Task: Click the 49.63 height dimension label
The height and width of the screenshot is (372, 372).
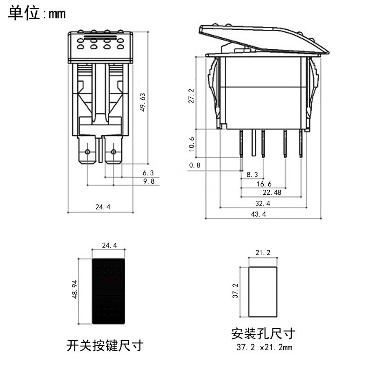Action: coord(143,102)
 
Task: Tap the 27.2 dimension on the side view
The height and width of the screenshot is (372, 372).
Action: coord(192,96)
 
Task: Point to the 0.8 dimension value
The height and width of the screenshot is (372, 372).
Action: coord(195,165)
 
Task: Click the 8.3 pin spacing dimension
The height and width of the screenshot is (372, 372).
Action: coord(252,174)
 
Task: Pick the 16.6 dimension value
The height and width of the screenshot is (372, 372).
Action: coord(263,184)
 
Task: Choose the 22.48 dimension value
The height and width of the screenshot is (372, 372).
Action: coord(272,193)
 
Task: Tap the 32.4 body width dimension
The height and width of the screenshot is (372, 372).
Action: coord(262,204)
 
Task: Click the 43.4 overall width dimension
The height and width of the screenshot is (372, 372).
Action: coord(258,214)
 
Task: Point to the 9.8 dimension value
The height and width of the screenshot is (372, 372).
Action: coord(148,181)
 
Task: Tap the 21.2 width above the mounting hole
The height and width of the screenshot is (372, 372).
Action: coord(263,253)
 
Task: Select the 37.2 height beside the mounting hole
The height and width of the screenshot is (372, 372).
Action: coord(236,292)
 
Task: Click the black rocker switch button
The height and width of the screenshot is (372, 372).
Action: coord(109,292)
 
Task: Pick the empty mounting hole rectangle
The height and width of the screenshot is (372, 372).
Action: coord(263,292)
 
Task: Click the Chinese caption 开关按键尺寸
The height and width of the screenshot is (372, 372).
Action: coord(105,345)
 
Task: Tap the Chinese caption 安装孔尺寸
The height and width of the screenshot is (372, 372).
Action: coord(263,333)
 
